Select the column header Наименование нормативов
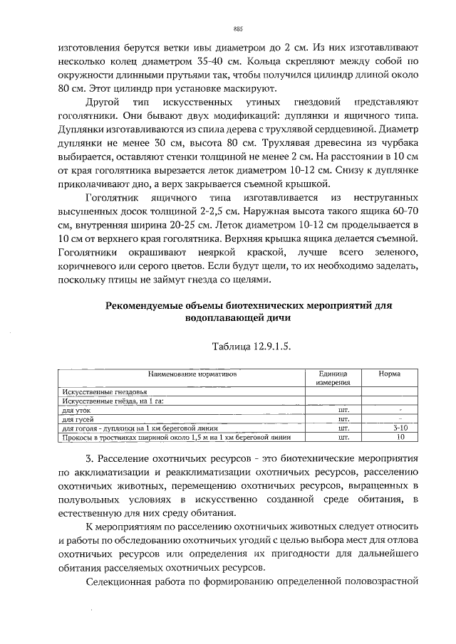192,374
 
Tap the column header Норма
389,374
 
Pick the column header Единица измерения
333,378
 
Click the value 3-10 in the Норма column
400,429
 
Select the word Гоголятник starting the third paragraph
112,196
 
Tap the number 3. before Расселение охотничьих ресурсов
89,457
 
